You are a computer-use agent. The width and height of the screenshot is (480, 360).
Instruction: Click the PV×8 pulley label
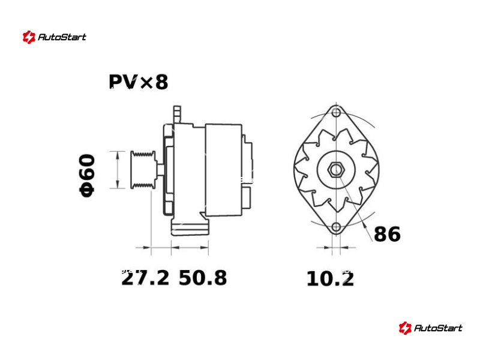pyautogui.click(x=139, y=82)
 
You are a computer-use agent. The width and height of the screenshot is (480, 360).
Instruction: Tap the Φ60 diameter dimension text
pyautogui.click(x=87, y=175)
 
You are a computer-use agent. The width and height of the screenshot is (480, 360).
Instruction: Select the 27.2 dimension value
pyautogui.click(x=145, y=278)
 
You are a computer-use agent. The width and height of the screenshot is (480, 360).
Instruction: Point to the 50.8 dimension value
pyautogui.click(x=203, y=278)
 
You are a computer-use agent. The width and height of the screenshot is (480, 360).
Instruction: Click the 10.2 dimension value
pyautogui.click(x=331, y=279)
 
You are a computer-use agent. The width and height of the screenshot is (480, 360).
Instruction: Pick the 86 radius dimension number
pyautogui.click(x=387, y=234)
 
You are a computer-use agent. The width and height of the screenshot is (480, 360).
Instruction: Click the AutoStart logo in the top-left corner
pyautogui.click(x=55, y=37)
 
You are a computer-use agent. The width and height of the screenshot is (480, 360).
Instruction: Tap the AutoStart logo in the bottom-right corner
pyautogui.click(x=430, y=328)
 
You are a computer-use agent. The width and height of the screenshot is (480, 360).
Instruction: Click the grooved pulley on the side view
pyautogui.click(x=143, y=170)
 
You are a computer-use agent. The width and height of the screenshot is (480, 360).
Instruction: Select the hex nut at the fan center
pyautogui.click(x=337, y=169)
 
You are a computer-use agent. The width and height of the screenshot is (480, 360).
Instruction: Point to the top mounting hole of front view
pyautogui.click(x=336, y=112)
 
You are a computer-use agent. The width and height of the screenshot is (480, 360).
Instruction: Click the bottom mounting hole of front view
pyautogui.click(x=336, y=227)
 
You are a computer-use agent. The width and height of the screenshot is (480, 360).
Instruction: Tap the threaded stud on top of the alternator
pyautogui.click(x=177, y=114)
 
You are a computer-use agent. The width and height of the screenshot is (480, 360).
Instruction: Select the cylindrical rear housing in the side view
pyautogui.click(x=223, y=170)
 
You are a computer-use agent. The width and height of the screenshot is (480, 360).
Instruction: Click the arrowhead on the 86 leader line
pyautogui.click(x=364, y=225)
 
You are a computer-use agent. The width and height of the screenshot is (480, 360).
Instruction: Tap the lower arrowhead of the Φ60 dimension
pyautogui.click(x=118, y=184)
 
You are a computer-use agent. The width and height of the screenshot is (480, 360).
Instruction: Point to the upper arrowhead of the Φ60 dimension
pyautogui.click(x=118, y=155)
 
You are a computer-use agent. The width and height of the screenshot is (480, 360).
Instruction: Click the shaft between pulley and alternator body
pyautogui.click(x=160, y=170)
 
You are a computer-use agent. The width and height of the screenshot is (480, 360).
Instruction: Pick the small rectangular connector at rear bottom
pyautogui.click(x=247, y=197)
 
